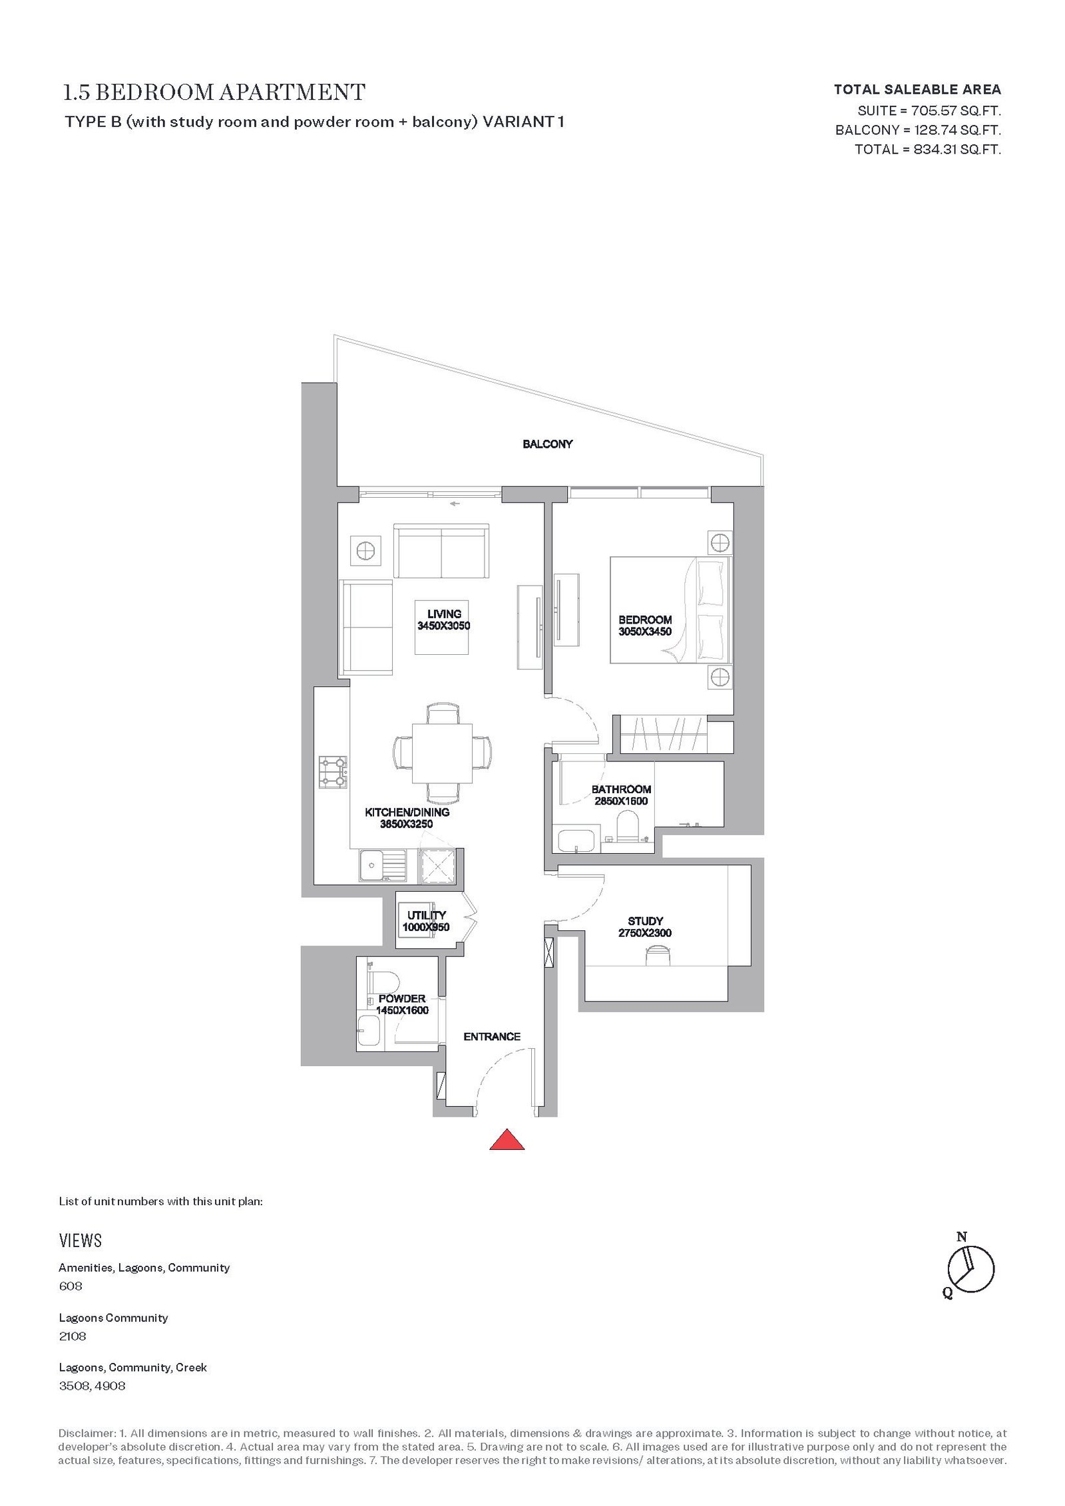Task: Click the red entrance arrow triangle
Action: point(507,1140)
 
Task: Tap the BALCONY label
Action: point(548,444)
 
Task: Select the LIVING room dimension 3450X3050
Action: point(444,626)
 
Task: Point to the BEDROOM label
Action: point(645,620)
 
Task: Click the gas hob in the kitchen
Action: point(333,772)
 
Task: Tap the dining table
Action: point(443,753)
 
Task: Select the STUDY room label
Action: point(645,921)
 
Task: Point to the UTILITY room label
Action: point(427,915)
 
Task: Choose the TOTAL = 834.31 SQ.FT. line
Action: point(928,149)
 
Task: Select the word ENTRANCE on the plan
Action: point(492,1036)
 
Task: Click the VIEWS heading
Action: point(81,1240)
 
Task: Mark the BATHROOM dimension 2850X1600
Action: point(621,801)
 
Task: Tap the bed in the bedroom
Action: point(670,610)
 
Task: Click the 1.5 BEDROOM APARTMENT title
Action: point(214,92)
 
